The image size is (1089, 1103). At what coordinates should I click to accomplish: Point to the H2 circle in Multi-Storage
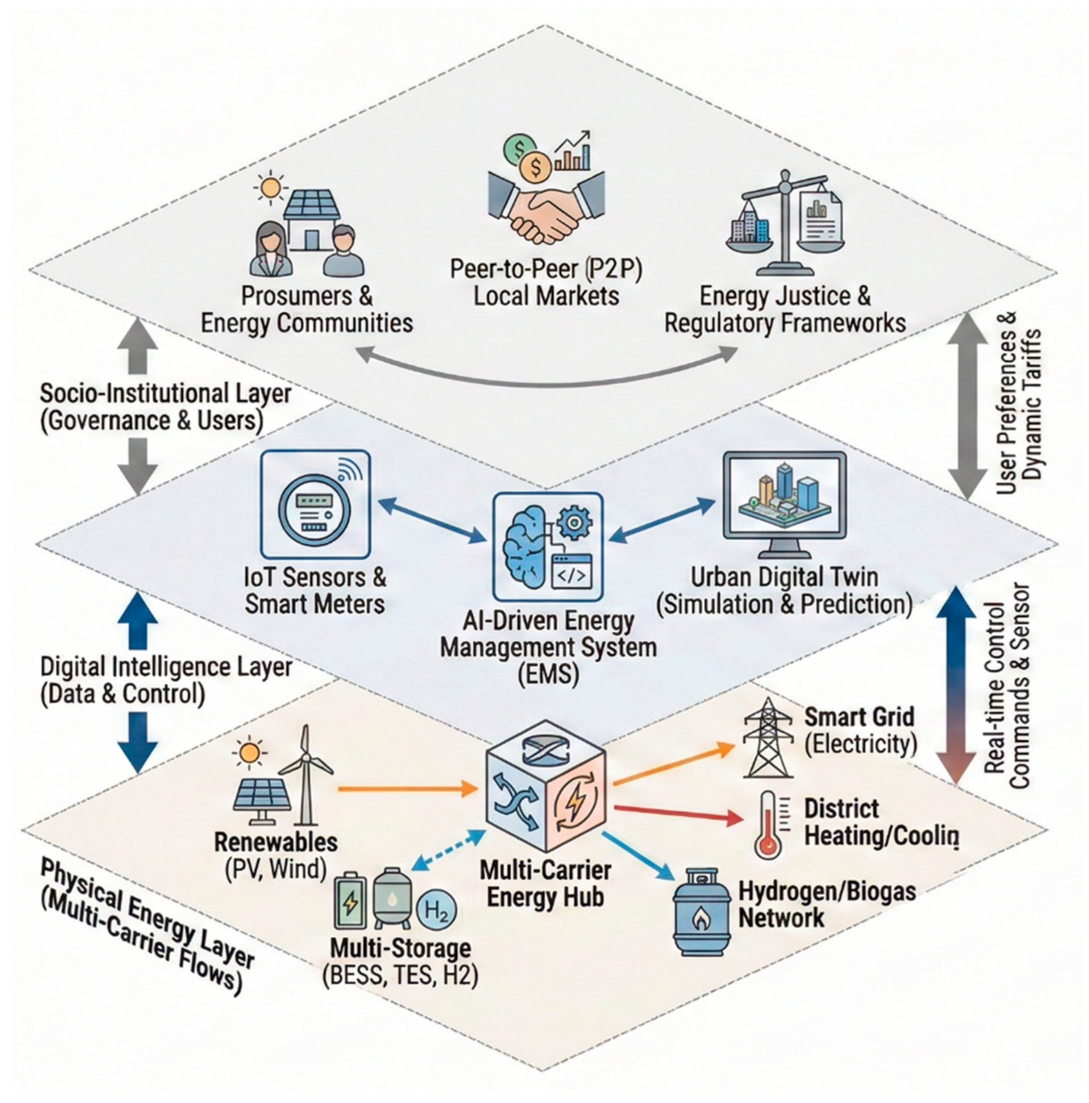(437, 910)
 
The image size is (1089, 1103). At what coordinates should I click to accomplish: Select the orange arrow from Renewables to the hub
(408, 789)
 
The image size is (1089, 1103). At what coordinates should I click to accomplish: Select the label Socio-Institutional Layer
(165, 393)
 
